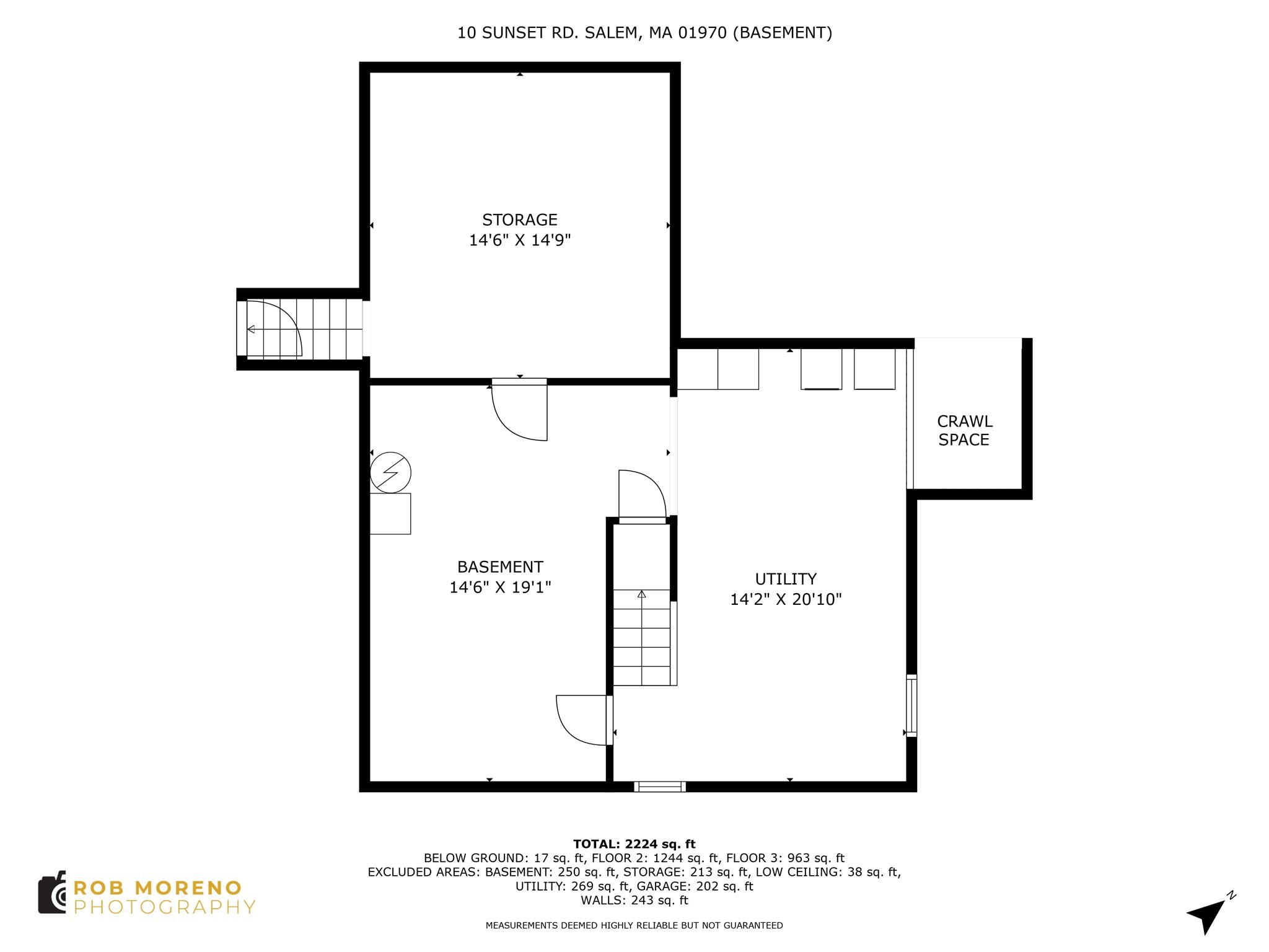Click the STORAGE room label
pyautogui.click(x=520, y=220)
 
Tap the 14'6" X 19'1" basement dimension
pyautogui.click(x=500, y=587)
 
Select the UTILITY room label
pyautogui.click(x=786, y=579)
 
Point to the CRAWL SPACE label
pyautogui.click(x=964, y=431)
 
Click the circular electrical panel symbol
pyautogui.click(x=390, y=473)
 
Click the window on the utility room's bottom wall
pyautogui.click(x=659, y=787)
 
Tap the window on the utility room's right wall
pyautogui.click(x=911, y=705)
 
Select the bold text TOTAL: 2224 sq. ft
pyautogui.click(x=634, y=844)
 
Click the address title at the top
pyautogui.click(x=644, y=33)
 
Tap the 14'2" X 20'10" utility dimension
pyautogui.click(x=786, y=599)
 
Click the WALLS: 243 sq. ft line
pyautogui.click(x=634, y=900)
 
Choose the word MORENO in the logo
pyautogui.click(x=188, y=888)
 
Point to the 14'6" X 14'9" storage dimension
pyautogui.click(x=520, y=240)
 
